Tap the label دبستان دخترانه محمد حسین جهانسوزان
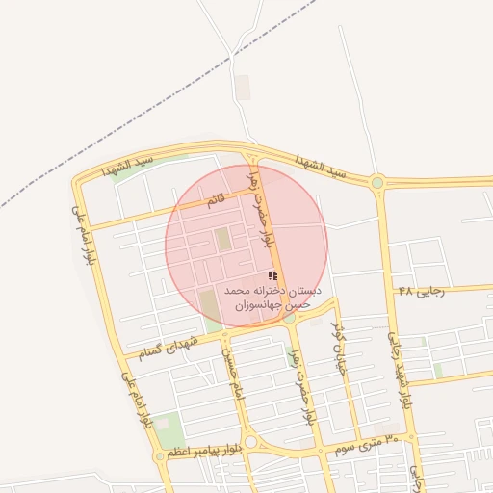[x=272, y=297]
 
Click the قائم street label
[x=217, y=200]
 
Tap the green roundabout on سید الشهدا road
[x=377, y=182]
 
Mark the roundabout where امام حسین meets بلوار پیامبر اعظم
[x=251, y=442]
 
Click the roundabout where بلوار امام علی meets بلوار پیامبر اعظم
[x=160, y=456]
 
